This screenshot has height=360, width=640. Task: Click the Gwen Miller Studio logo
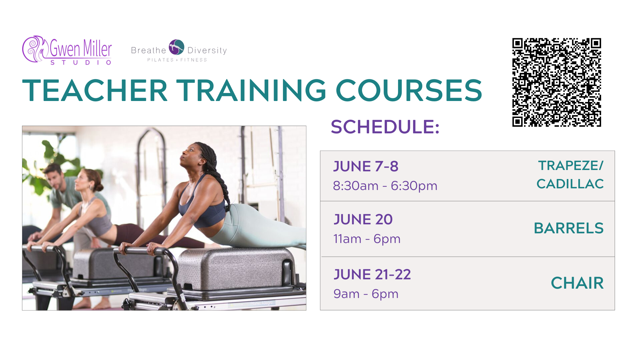pyautogui.click(x=67, y=50)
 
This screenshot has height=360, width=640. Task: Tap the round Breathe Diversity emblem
pyautogui.click(x=176, y=47)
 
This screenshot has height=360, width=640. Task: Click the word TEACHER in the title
pyautogui.click(x=95, y=90)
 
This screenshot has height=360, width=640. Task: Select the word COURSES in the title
pyautogui.click(x=409, y=90)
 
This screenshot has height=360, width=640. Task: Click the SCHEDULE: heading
pyautogui.click(x=385, y=127)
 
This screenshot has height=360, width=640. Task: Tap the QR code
pyautogui.click(x=557, y=82)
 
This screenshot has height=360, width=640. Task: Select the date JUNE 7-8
pyautogui.click(x=366, y=166)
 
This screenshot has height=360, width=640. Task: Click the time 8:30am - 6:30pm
pyautogui.click(x=385, y=186)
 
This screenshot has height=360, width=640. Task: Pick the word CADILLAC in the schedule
pyautogui.click(x=570, y=184)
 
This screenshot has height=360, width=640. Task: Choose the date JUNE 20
pyautogui.click(x=363, y=219)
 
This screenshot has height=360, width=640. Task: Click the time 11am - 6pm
pyautogui.click(x=367, y=239)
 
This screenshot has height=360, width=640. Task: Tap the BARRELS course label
pyautogui.click(x=569, y=228)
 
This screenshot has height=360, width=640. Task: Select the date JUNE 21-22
pyautogui.click(x=372, y=274)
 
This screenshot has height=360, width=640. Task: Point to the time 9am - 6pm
pyautogui.click(x=366, y=294)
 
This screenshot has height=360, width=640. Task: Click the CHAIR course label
pyautogui.click(x=577, y=283)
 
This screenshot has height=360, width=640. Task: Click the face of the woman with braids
pyautogui.click(x=190, y=156)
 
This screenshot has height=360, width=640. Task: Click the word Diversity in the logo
pyautogui.click(x=207, y=50)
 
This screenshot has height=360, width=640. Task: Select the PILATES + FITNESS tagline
pyautogui.click(x=177, y=60)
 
